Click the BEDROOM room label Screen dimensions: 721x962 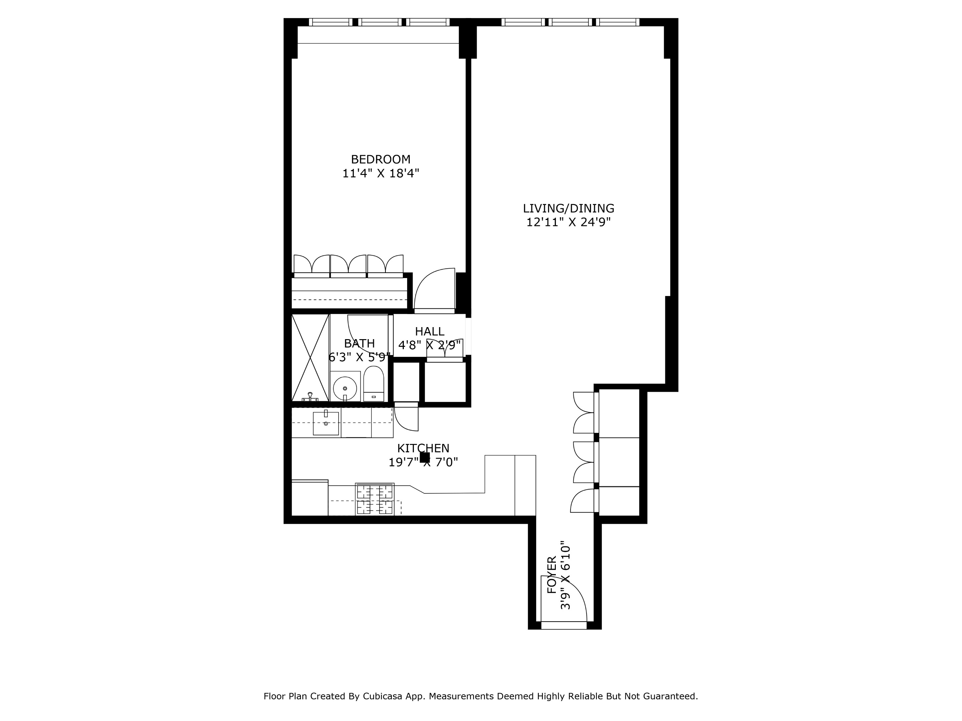(380, 160)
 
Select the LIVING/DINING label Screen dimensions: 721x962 (569, 208)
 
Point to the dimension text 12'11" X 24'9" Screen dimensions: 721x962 (569, 223)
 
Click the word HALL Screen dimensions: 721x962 (429, 331)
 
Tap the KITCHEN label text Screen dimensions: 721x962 (423, 448)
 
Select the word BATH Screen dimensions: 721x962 (359, 343)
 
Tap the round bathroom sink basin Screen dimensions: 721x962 (345, 388)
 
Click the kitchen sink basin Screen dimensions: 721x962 (326, 424)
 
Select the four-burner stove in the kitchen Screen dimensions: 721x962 (374, 499)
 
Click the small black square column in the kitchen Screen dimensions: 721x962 (425, 457)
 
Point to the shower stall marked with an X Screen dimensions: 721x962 (310, 357)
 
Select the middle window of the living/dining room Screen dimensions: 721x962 (570, 22)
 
